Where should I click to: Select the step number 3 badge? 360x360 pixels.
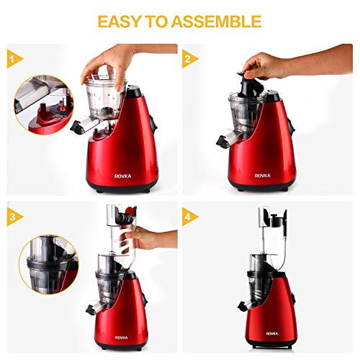click(12, 214)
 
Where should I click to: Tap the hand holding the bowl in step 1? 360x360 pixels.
click(108, 61)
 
